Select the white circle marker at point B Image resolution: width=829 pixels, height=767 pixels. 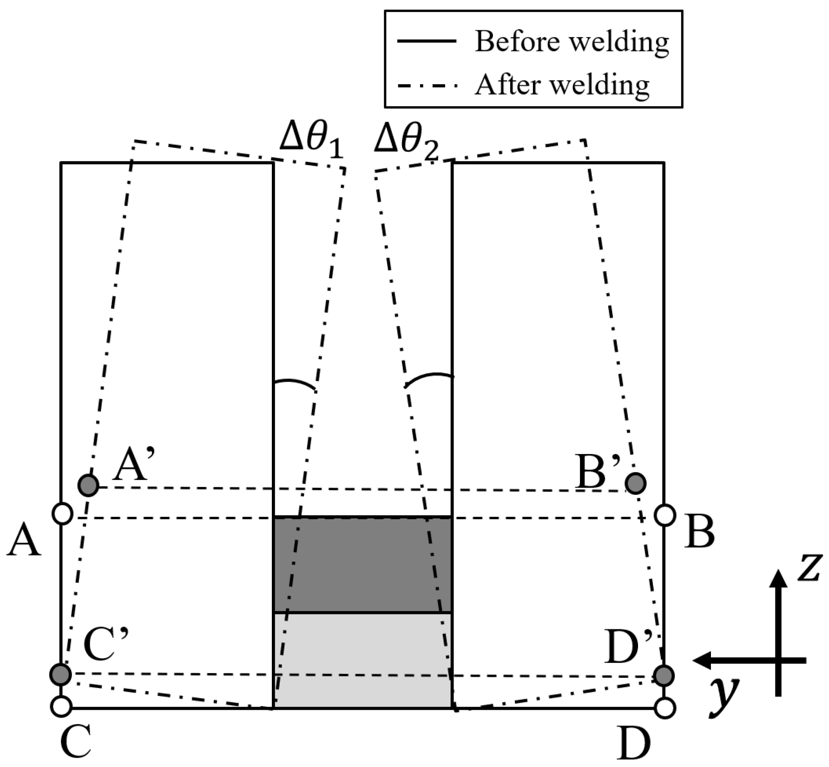[x=665, y=515]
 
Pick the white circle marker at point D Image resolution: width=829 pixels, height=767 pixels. [x=665, y=708]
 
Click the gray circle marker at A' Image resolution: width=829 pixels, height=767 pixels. [x=88, y=486]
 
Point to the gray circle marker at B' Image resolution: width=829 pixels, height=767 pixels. [x=636, y=483]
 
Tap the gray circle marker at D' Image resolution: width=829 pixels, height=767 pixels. [x=664, y=675]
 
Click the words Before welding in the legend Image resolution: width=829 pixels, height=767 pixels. [x=571, y=42]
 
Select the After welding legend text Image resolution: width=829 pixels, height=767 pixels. [x=561, y=85]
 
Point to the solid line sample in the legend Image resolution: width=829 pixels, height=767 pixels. [x=427, y=41]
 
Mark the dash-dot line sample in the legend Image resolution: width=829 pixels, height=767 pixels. [x=427, y=86]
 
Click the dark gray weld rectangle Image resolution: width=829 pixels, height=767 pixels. [x=362, y=564]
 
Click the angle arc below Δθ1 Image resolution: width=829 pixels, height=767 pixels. [x=295, y=384]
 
